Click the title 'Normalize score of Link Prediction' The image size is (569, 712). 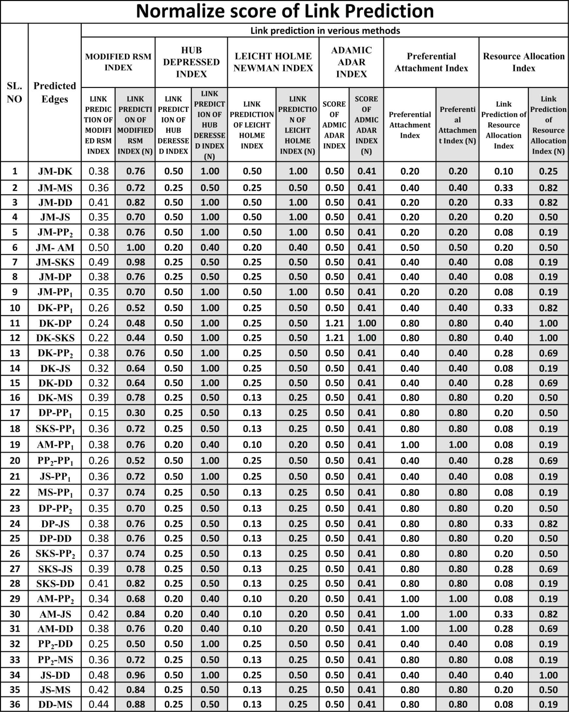tap(284, 11)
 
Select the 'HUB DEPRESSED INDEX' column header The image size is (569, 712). tap(191, 62)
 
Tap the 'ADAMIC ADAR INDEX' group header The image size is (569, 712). tap(351, 62)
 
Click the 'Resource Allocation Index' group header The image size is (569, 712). tap(524, 62)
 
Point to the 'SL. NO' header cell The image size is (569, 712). tap(14, 92)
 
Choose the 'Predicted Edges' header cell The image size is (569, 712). tap(55, 92)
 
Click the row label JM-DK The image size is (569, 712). tap(55, 171)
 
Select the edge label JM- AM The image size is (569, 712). tap(55, 247)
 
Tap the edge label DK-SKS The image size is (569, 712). tap(55, 338)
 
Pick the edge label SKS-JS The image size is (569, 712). tap(55, 569)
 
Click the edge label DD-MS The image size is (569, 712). tap(55, 704)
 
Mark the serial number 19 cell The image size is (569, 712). tap(14, 444)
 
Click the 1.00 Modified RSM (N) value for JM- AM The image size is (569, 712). tap(135, 247)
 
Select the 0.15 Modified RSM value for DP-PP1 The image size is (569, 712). tap(98, 413)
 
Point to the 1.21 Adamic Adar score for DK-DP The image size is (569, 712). tap(335, 323)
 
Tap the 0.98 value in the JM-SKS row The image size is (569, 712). tap(135, 262)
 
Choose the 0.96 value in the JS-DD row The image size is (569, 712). tap(135, 675)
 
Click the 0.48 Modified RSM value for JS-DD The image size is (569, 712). tap(98, 675)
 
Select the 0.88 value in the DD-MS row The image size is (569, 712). tap(135, 704)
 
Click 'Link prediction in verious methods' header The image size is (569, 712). tap(325, 31)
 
